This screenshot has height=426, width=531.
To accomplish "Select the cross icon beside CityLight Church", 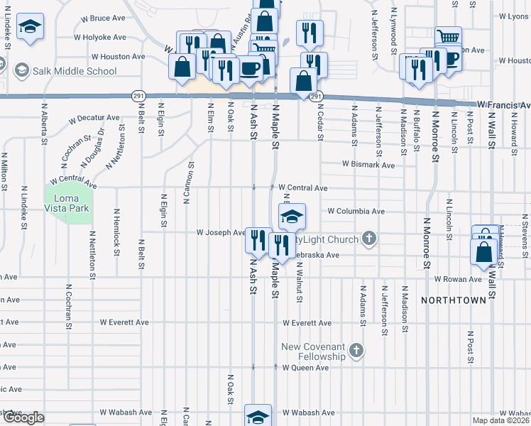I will (x=368, y=239).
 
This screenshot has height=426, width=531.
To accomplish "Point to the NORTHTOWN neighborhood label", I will (x=453, y=300).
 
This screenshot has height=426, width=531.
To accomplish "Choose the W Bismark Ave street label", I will (x=368, y=164).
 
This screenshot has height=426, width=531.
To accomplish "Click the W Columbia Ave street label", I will (x=356, y=211).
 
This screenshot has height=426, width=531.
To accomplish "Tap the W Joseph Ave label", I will (x=221, y=232).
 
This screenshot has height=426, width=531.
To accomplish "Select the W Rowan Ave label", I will (x=458, y=279).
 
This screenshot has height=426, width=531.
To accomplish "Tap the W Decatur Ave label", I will (x=95, y=117).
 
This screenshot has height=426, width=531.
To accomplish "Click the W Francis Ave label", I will (x=503, y=104).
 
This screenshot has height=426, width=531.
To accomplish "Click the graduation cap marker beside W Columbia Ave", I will (x=291, y=217).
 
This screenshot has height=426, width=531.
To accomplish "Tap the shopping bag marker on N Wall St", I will (x=483, y=251).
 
